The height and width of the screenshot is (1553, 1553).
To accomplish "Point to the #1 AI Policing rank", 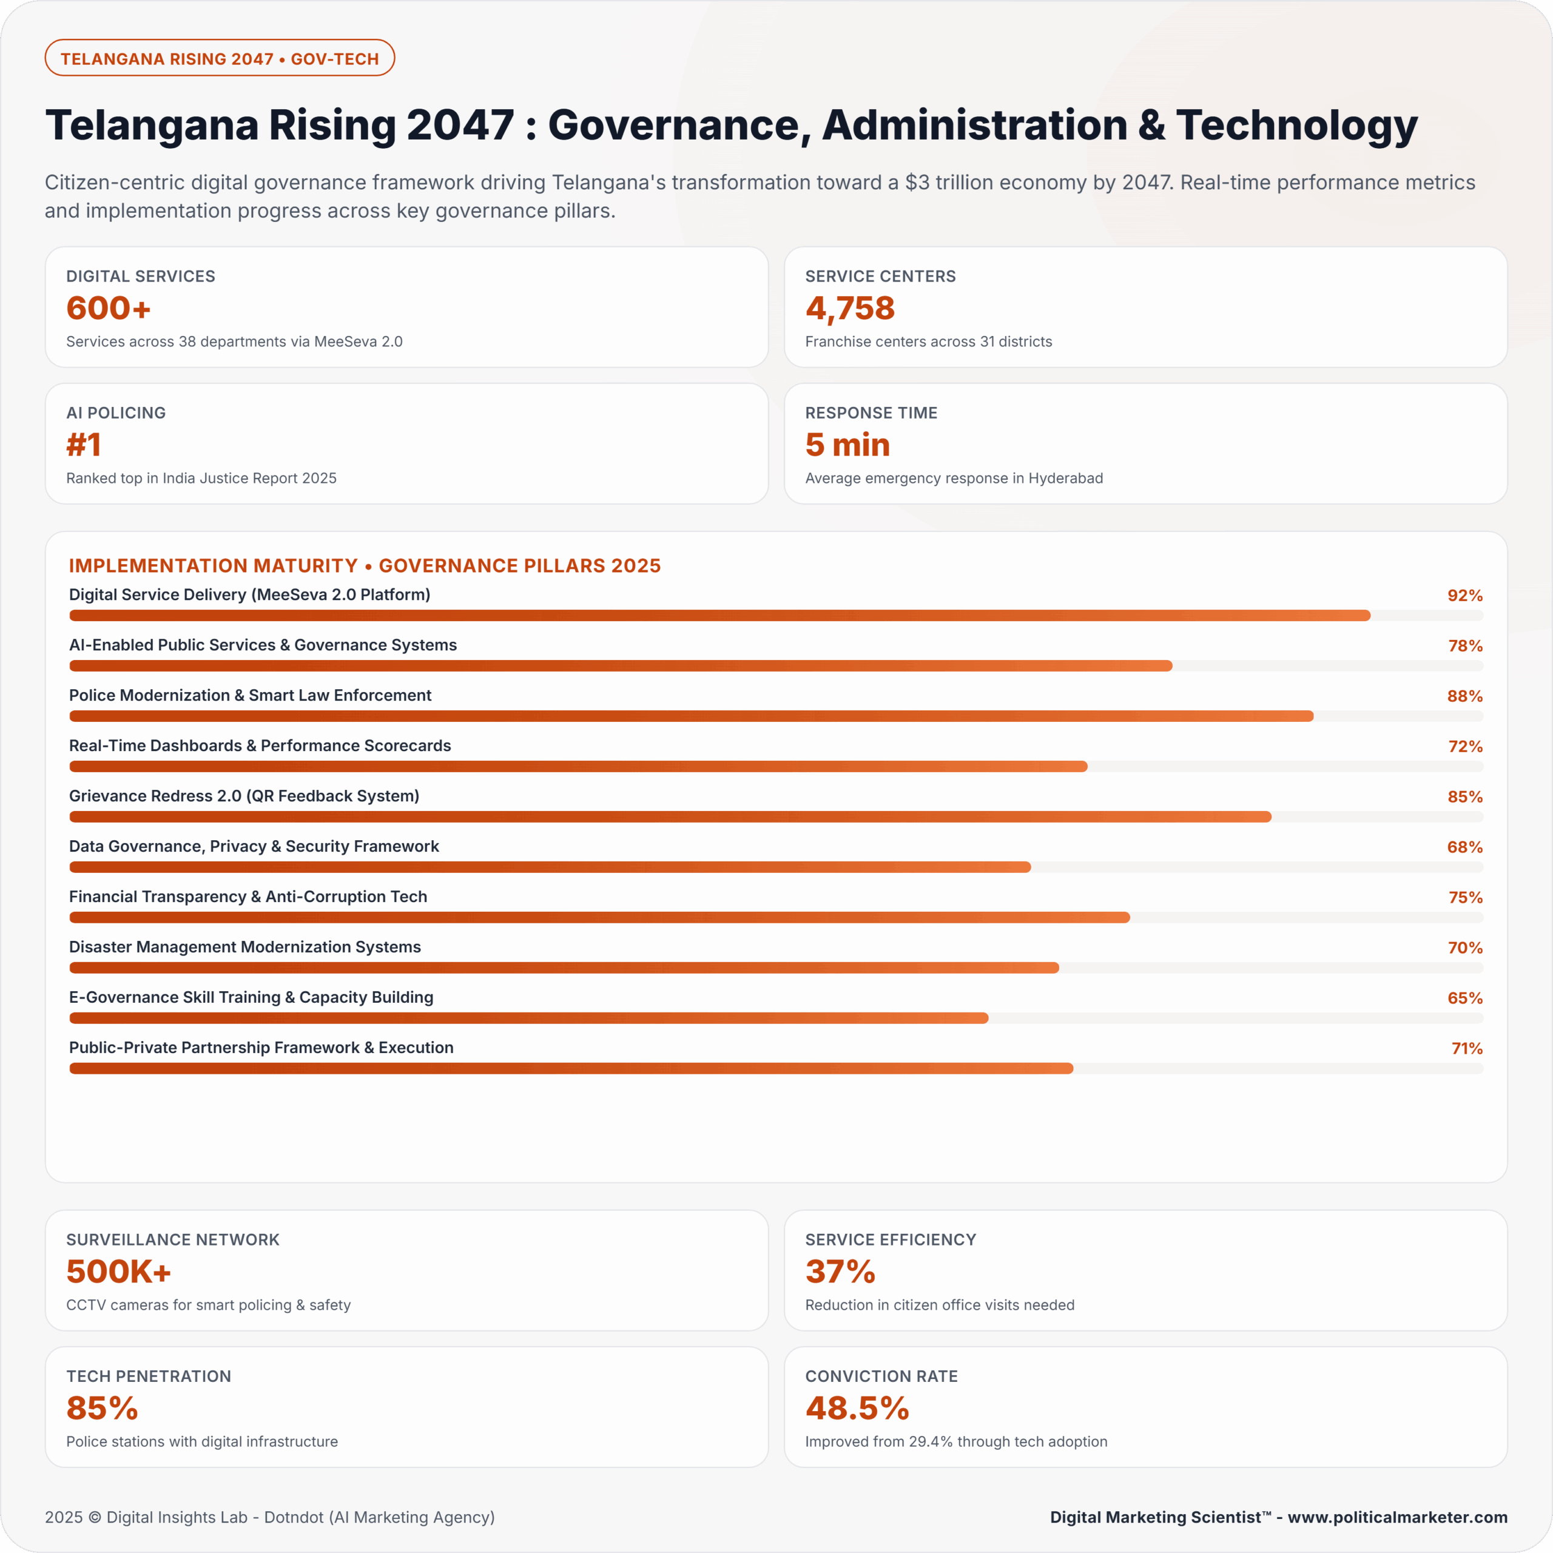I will [x=84, y=445].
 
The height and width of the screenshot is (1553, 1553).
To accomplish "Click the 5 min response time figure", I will [x=847, y=445].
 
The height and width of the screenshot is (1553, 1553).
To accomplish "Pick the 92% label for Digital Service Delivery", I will [x=1464, y=596].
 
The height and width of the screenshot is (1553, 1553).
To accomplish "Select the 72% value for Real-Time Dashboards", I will [x=1464, y=747].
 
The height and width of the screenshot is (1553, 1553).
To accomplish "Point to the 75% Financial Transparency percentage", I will [x=1464, y=898].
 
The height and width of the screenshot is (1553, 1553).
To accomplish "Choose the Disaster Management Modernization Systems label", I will [x=244, y=947].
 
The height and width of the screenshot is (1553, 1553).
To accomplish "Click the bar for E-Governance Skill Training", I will [x=529, y=1019].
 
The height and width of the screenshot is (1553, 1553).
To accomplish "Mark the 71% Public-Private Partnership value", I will [x=1466, y=1049].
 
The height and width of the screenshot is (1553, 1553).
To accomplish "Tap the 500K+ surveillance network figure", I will [x=119, y=1272].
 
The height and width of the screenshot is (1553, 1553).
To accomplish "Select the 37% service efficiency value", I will [x=840, y=1272].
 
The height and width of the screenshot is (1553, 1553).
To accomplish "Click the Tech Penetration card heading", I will [x=149, y=1376].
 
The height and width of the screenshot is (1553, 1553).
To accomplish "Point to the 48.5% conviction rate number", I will [x=857, y=1408].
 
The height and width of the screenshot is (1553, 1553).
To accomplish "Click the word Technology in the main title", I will [x=1296, y=126].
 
